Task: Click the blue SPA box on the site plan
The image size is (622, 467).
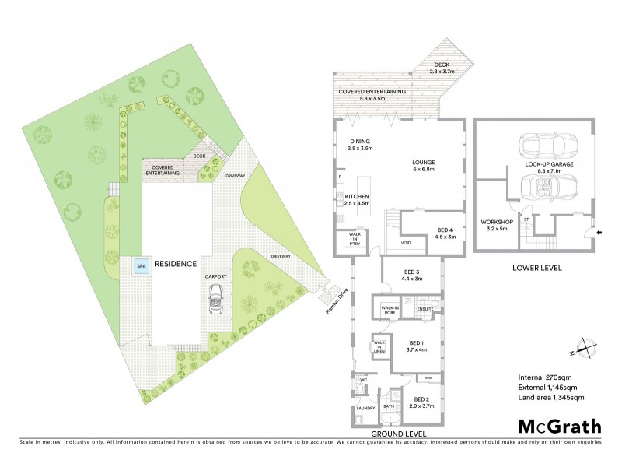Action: [x=142, y=265]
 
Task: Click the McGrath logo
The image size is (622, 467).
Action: [x=560, y=426]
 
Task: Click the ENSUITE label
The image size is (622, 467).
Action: [x=425, y=308]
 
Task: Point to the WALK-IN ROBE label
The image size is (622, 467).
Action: [x=390, y=310]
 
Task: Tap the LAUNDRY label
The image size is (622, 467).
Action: [x=365, y=407]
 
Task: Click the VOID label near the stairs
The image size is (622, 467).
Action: [x=406, y=242]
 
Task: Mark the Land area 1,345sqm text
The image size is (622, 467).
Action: [x=550, y=398]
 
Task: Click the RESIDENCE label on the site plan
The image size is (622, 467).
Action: [x=175, y=264]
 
